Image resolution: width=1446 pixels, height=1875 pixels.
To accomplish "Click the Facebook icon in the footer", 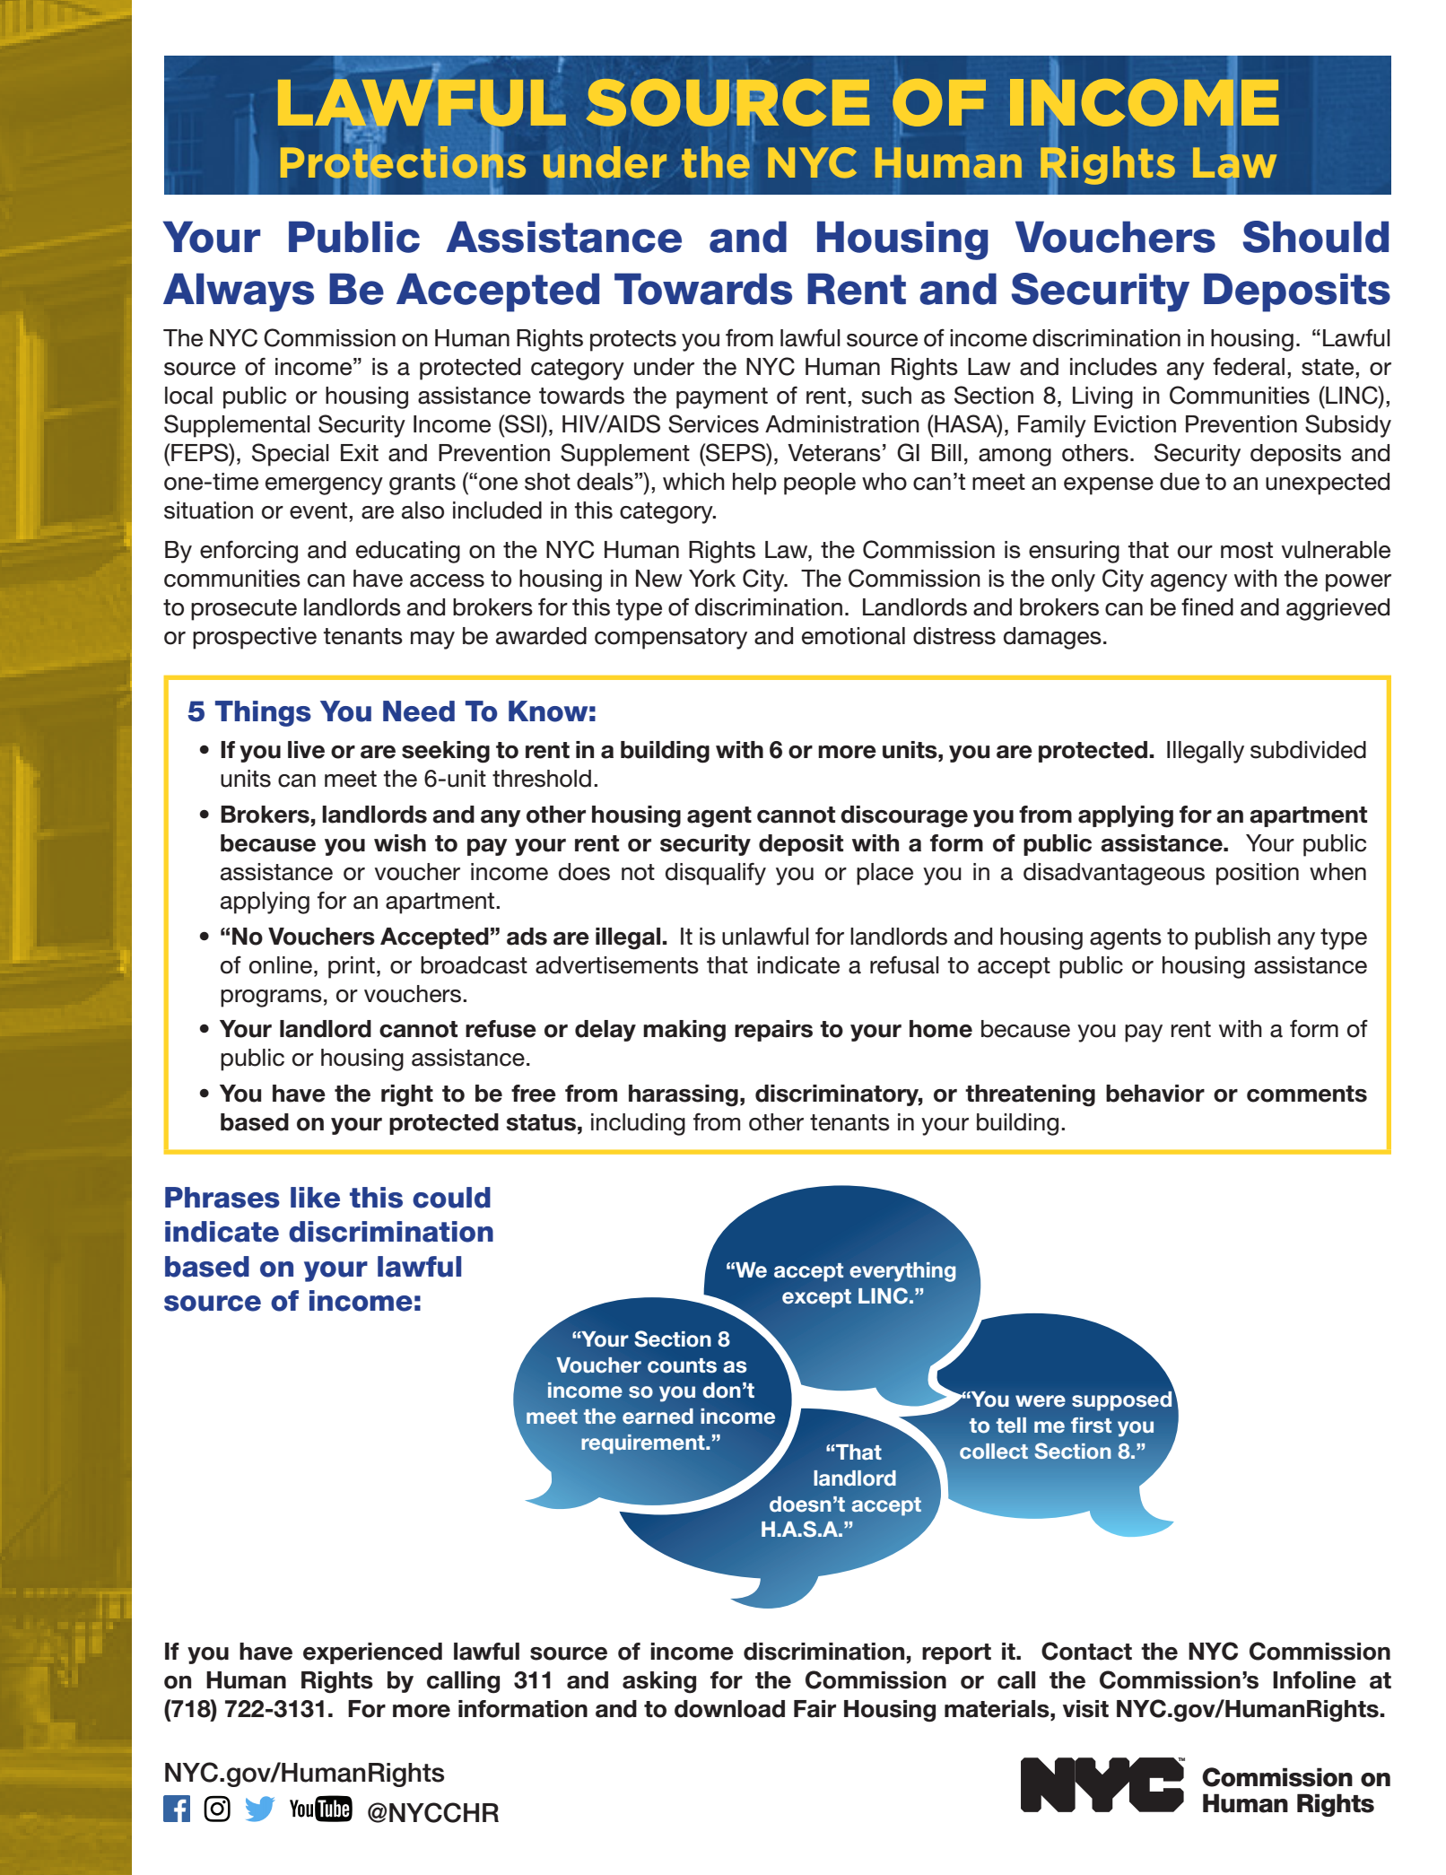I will (177, 1809).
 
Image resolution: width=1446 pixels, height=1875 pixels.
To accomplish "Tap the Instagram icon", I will (217, 1809).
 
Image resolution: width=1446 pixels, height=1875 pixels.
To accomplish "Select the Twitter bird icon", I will (259, 1809).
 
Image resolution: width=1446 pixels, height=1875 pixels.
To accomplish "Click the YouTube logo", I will (320, 1809).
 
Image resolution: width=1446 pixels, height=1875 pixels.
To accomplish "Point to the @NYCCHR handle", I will (432, 1813).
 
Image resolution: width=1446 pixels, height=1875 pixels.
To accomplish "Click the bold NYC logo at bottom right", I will (1102, 1784).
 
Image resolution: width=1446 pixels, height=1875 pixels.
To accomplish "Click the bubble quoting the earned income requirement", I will (651, 1391).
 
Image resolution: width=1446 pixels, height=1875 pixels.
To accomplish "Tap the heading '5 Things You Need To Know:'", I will (392, 711).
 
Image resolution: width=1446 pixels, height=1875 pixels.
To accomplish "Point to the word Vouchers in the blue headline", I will (1115, 239).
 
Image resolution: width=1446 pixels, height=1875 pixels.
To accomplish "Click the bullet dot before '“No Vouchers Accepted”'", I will (205, 937).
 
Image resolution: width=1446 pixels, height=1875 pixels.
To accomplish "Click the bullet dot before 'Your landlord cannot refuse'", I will (205, 1029).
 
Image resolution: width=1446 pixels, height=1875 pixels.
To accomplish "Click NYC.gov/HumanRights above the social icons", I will (304, 1773).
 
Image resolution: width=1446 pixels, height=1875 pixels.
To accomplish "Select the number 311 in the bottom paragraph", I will (533, 1680).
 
